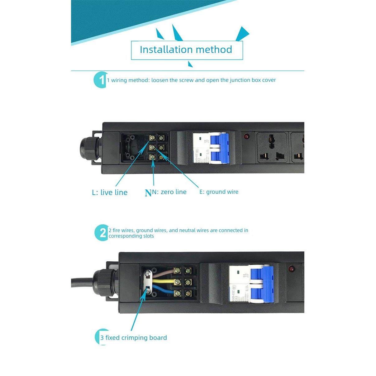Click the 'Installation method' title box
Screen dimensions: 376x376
186,50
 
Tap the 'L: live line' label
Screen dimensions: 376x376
110,193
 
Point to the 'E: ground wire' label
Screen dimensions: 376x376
219,192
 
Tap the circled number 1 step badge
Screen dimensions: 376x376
101,80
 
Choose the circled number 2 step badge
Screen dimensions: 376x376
102,233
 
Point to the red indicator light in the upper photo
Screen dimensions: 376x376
246,136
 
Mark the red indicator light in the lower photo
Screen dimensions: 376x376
292,268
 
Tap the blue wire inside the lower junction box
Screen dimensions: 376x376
162,292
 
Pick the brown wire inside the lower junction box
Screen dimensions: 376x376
162,272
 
